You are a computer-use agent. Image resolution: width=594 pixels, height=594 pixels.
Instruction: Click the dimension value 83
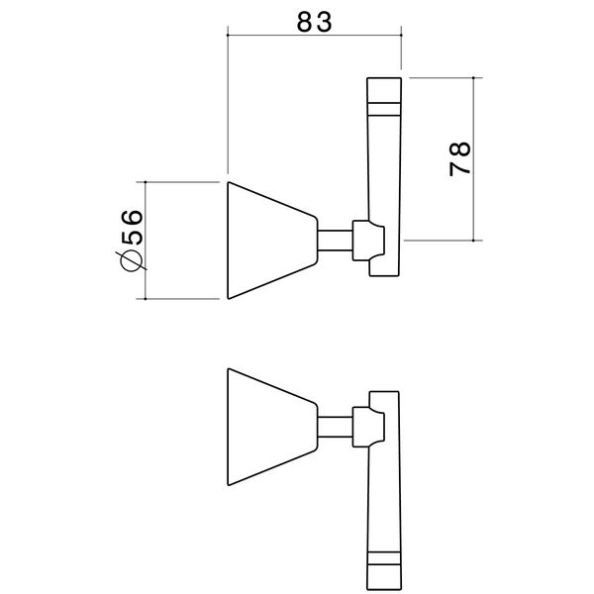(315, 17)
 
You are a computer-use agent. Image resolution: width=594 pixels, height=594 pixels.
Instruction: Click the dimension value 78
(459, 158)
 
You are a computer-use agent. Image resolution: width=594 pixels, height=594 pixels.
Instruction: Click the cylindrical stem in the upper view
(335, 241)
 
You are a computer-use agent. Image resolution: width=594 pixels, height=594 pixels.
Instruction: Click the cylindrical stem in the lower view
(335, 428)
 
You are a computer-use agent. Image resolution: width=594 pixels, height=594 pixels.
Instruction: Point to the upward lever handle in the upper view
(384, 168)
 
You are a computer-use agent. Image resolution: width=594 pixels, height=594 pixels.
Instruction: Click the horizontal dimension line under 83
(315, 37)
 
